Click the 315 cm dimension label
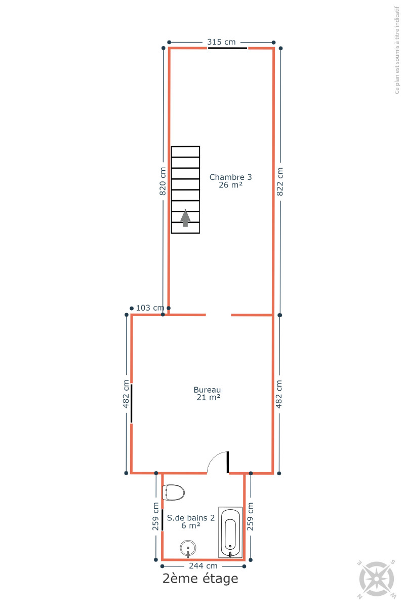pos(221,42)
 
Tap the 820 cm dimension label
pos(163,181)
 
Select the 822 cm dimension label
pos(279,181)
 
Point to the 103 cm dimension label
pos(150,308)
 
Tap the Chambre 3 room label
pos(230,177)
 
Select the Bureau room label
pos(207,390)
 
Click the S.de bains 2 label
pos(191,518)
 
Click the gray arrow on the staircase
pos(185,218)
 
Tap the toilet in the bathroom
pos(173,492)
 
